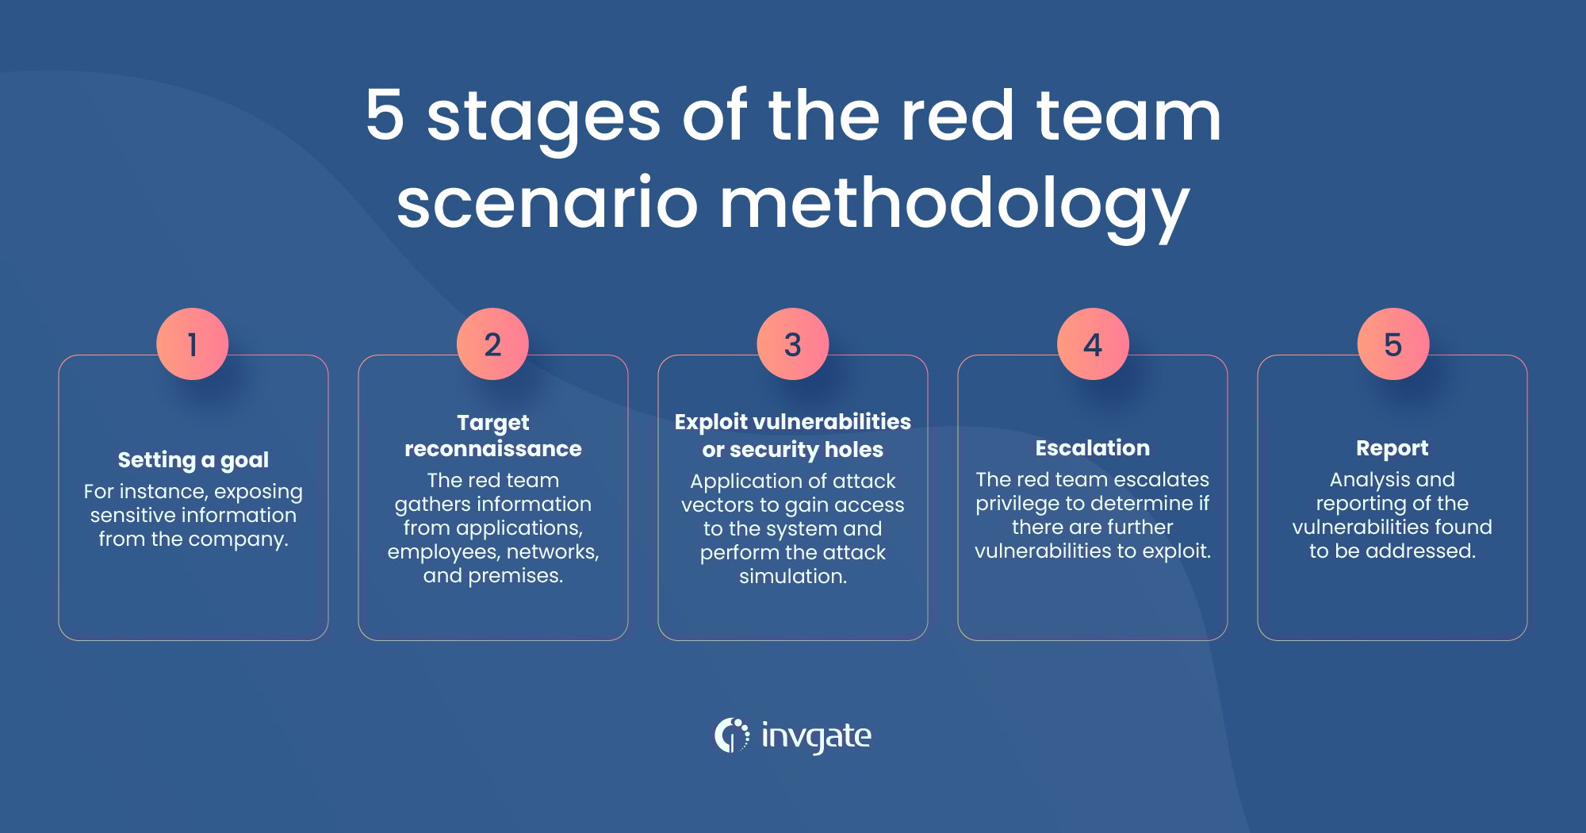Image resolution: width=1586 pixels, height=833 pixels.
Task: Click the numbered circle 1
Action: (x=193, y=344)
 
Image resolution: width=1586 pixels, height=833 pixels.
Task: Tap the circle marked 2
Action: (x=492, y=344)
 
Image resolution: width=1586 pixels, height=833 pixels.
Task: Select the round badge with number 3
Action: (x=792, y=344)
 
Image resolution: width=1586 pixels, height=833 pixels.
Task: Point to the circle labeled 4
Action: (x=1093, y=344)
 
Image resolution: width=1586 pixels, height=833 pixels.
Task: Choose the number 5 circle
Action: (x=1393, y=344)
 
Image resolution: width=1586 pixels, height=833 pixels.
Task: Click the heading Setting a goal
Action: (x=193, y=460)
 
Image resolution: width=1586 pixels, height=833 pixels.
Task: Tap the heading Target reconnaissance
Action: (x=492, y=436)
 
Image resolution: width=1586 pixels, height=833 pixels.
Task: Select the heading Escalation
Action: (x=1092, y=448)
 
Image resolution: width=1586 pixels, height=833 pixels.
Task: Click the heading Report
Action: (x=1392, y=448)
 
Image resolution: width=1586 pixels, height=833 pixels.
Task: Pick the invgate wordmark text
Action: (x=816, y=736)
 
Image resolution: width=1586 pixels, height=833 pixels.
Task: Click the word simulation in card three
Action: (x=792, y=577)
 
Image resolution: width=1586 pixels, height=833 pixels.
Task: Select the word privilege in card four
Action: (x=1017, y=504)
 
